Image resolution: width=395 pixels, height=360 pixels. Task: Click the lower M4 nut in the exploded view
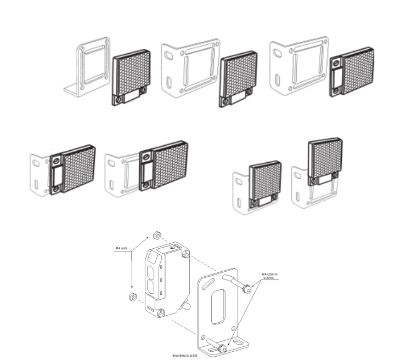(132, 298)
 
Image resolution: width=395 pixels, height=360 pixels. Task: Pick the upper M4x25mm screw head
(247, 287)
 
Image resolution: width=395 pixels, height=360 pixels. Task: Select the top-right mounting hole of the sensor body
(186, 253)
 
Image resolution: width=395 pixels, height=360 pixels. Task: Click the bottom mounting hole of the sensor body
(162, 313)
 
